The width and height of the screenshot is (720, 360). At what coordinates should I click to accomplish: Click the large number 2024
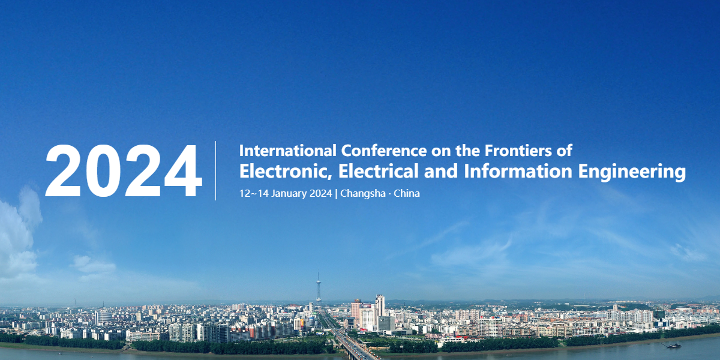pos(124,170)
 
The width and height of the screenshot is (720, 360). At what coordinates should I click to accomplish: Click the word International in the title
pos(288,151)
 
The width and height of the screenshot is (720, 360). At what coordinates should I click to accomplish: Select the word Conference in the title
pos(384,151)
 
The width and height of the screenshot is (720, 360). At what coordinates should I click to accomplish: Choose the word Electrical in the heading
pos(379,171)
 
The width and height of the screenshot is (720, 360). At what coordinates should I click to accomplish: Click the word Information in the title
pos(518,171)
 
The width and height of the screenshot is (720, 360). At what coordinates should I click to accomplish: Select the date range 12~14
pos(254,193)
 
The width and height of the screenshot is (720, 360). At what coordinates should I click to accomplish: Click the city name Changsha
pos(363,193)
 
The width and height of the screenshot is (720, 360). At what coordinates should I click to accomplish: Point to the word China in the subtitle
pos(407,193)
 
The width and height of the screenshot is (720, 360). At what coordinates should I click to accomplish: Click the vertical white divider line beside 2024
pos(215,170)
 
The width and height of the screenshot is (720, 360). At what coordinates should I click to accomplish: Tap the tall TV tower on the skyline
pos(319,289)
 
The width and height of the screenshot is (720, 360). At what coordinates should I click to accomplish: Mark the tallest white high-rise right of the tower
pos(380,305)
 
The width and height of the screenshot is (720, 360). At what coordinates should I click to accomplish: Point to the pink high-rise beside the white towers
pos(356,309)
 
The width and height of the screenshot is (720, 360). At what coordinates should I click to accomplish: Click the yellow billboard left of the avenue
pos(302,323)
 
